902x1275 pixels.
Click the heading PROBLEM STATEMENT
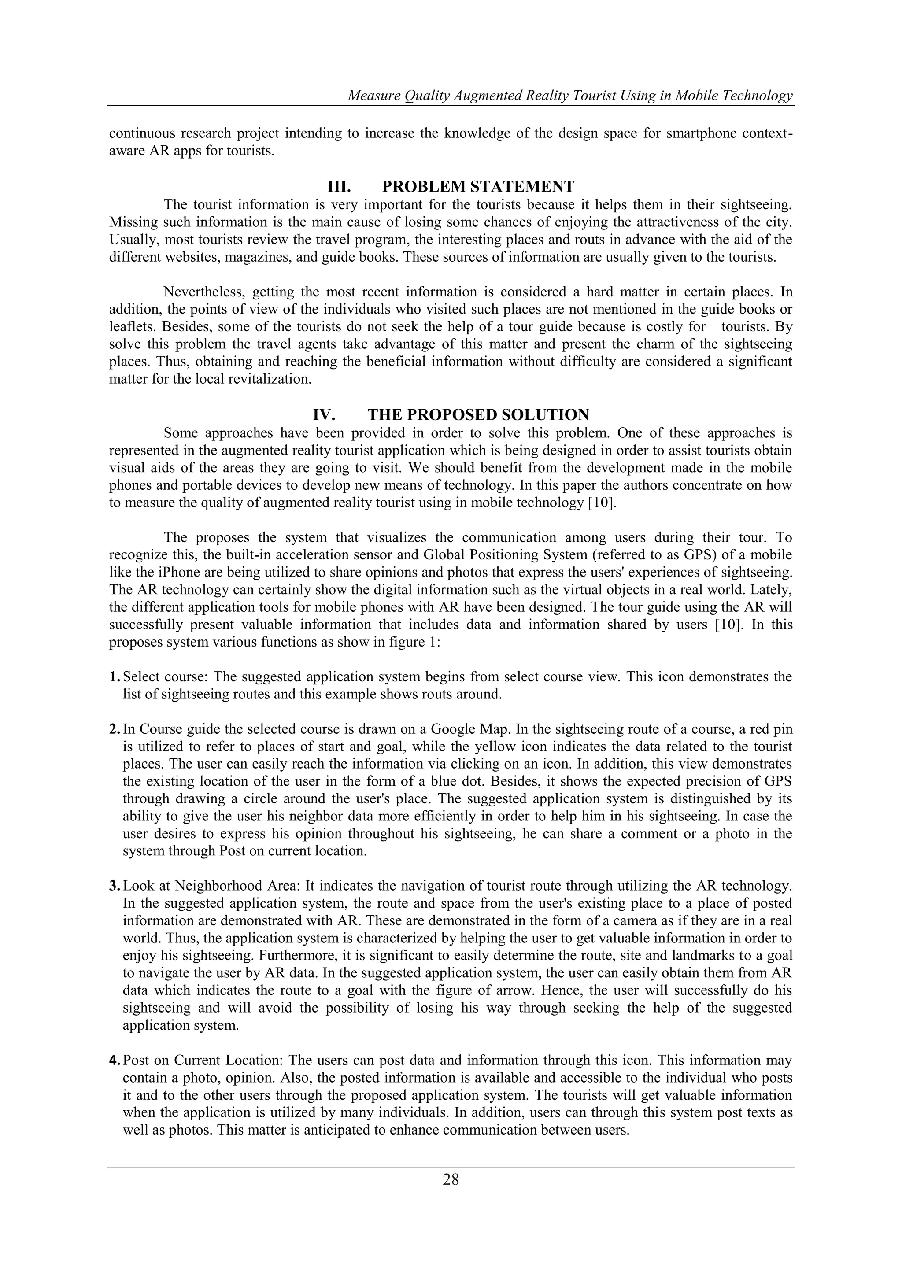coord(478,186)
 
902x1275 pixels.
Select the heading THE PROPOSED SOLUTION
coord(478,415)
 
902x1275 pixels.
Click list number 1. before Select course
coord(115,677)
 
